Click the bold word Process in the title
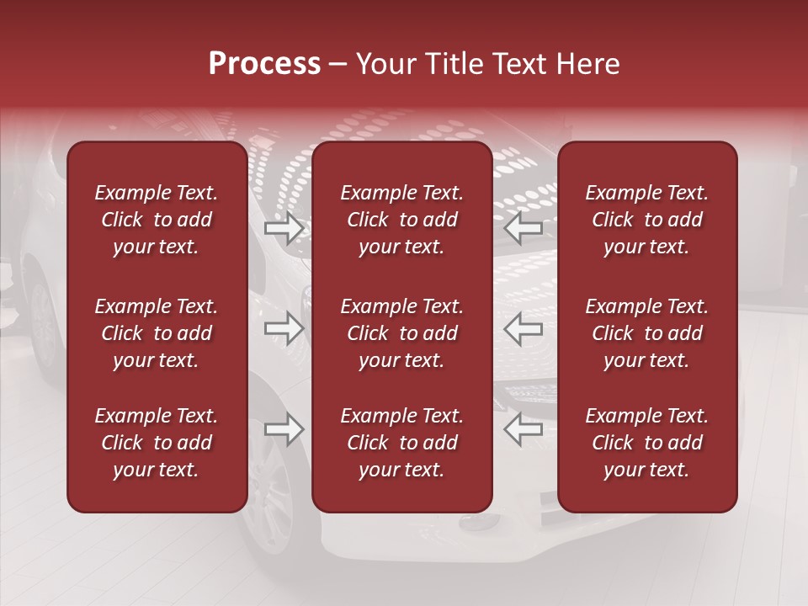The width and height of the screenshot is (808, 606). (x=264, y=64)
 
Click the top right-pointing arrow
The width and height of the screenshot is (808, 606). (x=284, y=227)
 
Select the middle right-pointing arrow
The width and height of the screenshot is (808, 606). (x=284, y=328)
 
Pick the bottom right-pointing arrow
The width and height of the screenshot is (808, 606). (x=284, y=430)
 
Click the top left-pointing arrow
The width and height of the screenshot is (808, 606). (x=523, y=227)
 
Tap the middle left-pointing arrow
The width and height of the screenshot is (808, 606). (x=523, y=328)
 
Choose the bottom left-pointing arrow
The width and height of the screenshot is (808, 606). (x=523, y=430)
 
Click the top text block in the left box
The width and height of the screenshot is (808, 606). (x=157, y=220)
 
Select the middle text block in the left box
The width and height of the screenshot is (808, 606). (x=157, y=333)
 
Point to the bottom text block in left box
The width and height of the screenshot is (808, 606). (x=157, y=443)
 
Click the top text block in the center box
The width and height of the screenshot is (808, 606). (x=401, y=220)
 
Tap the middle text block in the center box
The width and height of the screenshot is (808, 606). (x=401, y=333)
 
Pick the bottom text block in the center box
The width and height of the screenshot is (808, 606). (x=401, y=443)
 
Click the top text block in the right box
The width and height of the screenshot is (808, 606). (x=646, y=220)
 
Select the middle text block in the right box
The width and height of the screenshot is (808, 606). (x=646, y=333)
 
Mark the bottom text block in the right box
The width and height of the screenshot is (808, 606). (x=646, y=443)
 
